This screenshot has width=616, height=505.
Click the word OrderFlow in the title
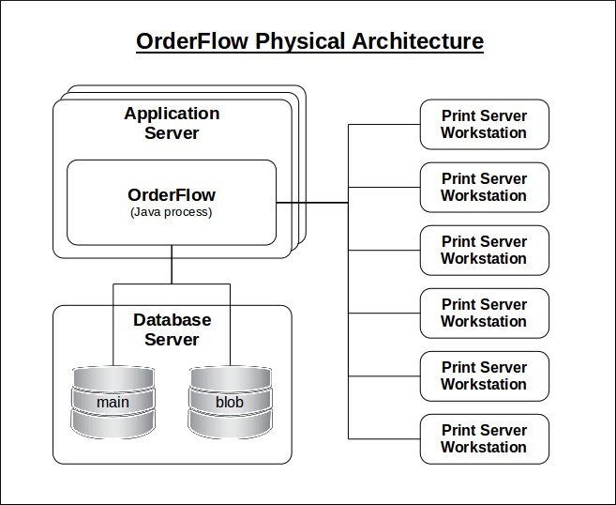point(192,41)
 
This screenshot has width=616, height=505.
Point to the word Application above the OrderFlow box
point(172,114)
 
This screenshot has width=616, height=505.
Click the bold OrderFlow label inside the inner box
point(172,195)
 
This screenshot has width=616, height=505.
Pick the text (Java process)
point(172,212)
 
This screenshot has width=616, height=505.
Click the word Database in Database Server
point(172,319)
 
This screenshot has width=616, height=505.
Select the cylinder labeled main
point(113,402)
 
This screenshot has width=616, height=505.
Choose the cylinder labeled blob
point(230,402)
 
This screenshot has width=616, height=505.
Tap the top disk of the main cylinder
point(113,378)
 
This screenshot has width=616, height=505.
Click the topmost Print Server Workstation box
point(484,124)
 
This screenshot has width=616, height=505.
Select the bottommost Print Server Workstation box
point(484,438)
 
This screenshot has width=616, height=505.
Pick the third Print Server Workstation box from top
point(484,250)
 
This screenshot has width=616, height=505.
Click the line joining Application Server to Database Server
point(172,266)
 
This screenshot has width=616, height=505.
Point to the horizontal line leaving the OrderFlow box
point(312,202)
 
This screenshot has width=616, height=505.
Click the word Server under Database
point(172,339)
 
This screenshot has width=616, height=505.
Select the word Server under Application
point(172,133)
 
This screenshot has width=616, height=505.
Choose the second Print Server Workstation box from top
point(484,187)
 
